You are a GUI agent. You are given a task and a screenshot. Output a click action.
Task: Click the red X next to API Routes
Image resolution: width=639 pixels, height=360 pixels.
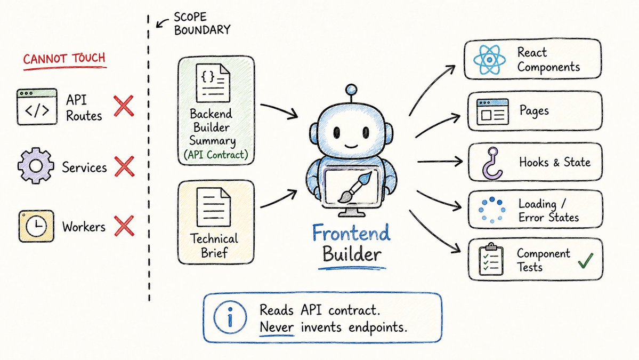[x=124, y=106]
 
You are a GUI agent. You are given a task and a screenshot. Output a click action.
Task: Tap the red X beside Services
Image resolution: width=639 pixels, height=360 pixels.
[x=124, y=166]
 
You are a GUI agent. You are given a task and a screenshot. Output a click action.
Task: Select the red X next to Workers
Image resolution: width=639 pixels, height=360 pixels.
[x=124, y=226]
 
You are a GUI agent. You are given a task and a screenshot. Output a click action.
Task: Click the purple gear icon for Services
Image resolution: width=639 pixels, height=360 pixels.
[x=36, y=165]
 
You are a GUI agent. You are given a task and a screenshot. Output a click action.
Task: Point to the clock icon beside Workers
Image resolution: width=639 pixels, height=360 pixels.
[x=36, y=226]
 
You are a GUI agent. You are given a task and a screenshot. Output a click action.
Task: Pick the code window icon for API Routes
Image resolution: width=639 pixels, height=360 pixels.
[x=37, y=107]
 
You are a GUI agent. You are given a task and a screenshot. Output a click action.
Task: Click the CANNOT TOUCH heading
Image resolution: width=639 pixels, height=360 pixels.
[x=64, y=59]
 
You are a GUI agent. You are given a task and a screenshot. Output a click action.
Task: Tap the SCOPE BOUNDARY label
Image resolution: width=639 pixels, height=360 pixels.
[x=202, y=23]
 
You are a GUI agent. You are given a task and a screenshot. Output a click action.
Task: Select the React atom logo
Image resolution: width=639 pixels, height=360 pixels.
[x=489, y=60]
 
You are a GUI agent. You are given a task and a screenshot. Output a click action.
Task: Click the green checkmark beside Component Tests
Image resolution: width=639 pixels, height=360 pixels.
[x=586, y=260]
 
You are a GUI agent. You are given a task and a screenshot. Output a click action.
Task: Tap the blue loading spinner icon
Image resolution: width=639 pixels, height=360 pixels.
[x=492, y=210]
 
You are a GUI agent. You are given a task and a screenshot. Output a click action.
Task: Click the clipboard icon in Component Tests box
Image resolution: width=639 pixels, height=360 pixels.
[x=491, y=259]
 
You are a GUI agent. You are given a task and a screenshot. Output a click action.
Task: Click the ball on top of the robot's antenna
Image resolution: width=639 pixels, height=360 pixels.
[x=351, y=90]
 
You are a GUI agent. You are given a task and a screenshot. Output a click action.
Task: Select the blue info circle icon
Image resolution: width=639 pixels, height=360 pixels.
[x=230, y=317]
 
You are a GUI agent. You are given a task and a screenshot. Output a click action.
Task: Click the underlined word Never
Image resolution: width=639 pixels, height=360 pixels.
[x=277, y=327]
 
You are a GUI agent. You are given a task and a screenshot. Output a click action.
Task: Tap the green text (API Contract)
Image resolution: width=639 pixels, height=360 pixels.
[x=216, y=155]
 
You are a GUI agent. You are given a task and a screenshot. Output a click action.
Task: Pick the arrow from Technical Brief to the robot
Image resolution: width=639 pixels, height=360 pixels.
[x=279, y=198]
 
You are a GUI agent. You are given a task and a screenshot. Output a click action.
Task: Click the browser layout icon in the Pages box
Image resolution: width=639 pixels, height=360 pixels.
[x=492, y=111]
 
